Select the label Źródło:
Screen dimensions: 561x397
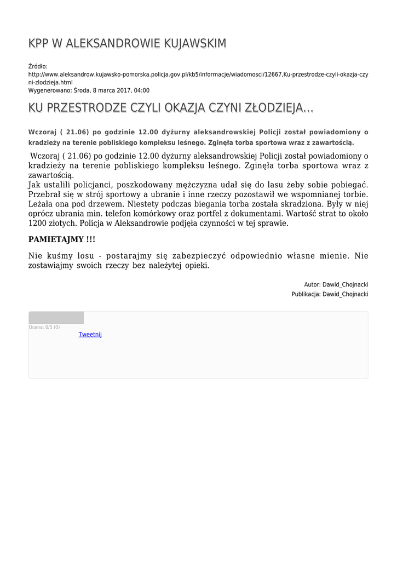coord(38,66)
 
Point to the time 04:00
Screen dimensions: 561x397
coord(141,91)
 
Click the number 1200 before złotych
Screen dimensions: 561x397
coord(37,224)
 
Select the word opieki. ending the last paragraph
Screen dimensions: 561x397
coord(194,265)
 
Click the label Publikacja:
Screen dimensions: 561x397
coord(306,294)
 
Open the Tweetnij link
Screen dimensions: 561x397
coord(90,335)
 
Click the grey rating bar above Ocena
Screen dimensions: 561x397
coord(56,318)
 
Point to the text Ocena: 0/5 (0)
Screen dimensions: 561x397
coord(44,328)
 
